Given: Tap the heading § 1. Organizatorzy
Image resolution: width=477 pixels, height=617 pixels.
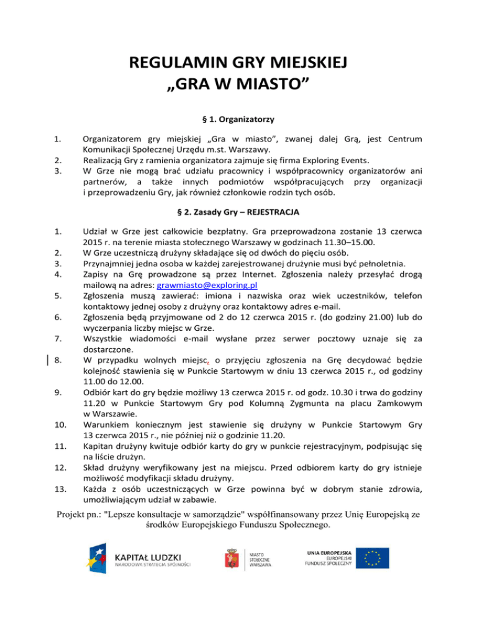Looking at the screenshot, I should (239, 118).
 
